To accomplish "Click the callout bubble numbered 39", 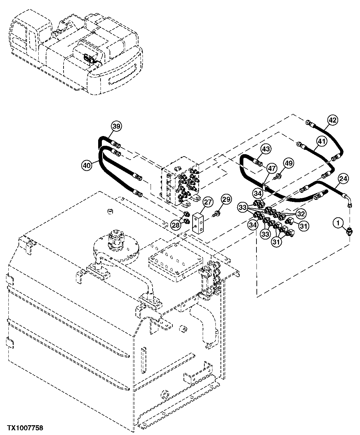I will (116, 126).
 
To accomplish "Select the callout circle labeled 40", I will (87, 165).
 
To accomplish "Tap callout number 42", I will (332, 120).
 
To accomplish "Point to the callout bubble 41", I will (322, 142).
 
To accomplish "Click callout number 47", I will (272, 168).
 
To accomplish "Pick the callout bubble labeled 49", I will (288, 163).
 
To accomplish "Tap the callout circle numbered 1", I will (338, 222).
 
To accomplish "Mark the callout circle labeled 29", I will (226, 200).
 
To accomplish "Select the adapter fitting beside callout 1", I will (349, 231).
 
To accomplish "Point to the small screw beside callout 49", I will (278, 176).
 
